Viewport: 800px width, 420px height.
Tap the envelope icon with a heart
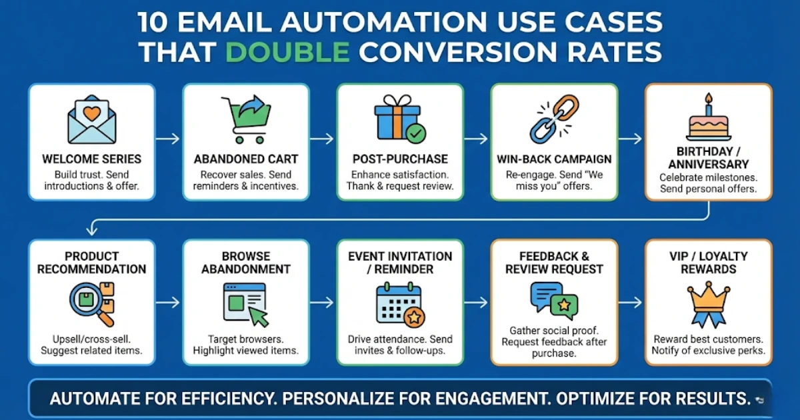(x=91, y=120)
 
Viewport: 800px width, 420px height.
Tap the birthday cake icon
(x=708, y=120)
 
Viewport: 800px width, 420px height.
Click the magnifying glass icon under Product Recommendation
(x=91, y=301)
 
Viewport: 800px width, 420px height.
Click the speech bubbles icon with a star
(x=554, y=301)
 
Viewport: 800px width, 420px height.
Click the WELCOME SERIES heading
(x=91, y=159)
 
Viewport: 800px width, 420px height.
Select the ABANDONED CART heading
(x=245, y=159)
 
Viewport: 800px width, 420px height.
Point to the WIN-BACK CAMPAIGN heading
(x=554, y=159)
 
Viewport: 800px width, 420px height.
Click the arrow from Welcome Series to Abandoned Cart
(x=168, y=139)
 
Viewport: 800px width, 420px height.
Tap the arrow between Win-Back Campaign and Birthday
(x=631, y=139)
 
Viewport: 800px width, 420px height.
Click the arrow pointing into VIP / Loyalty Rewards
(x=631, y=302)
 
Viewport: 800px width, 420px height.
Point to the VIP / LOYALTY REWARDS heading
(x=708, y=263)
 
